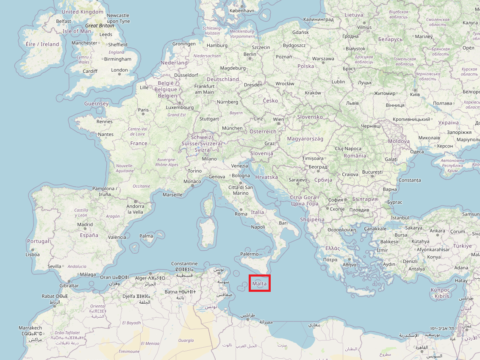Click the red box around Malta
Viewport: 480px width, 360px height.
pyautogui.click(x=260, y=283)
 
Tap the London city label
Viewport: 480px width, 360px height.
pyautogui.click(x=119, y=70)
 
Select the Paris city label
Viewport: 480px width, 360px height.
pyautogui.click(x=143, y=110)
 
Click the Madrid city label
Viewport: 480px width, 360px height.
pyautogui.click(x=85, y=225)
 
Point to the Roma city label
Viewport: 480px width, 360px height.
pyautogui.click(x=241, y=214)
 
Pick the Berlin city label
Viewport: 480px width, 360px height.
pyautogui.click(x=250, y=54)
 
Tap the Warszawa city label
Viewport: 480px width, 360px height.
pyautogui.click(x=323, y=59)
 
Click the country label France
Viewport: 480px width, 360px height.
pyautogui.click(x=139, y=144)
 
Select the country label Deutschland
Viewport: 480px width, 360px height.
pyautogui.click(x=223, y=79)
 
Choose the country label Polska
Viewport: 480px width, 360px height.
pyautogui.click(x=306, y=66)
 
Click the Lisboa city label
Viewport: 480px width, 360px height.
pyautogui.click(x=33, y=255)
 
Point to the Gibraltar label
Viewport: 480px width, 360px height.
pyautogui.click(x=69, y=285)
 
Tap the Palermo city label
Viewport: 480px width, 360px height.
pyautogui.click(x=250, y=254)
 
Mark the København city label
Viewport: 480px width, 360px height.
pyautogui.click(x=242, y=10)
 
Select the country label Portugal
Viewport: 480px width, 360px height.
pyautogui.click(x=38, y=241)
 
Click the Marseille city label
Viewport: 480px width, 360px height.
pyautogui.click(x=173, y=195)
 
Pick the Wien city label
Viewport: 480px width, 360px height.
pyautogui.click(x=279, y=119)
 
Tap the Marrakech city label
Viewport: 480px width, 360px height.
pyautogui.click(x=31, y=328)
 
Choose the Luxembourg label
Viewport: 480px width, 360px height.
pyautogui.click(x=180, y=108)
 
